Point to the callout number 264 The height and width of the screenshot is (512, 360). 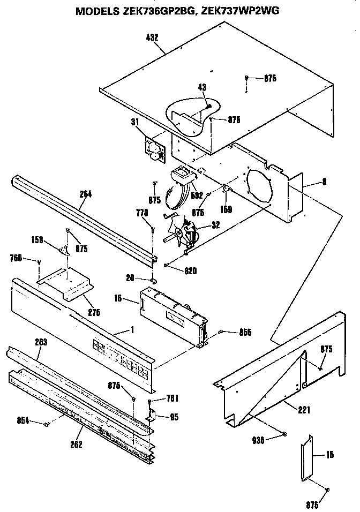[x=86, y=194]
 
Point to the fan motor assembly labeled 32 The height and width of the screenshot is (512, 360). [x=184, y=230]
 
